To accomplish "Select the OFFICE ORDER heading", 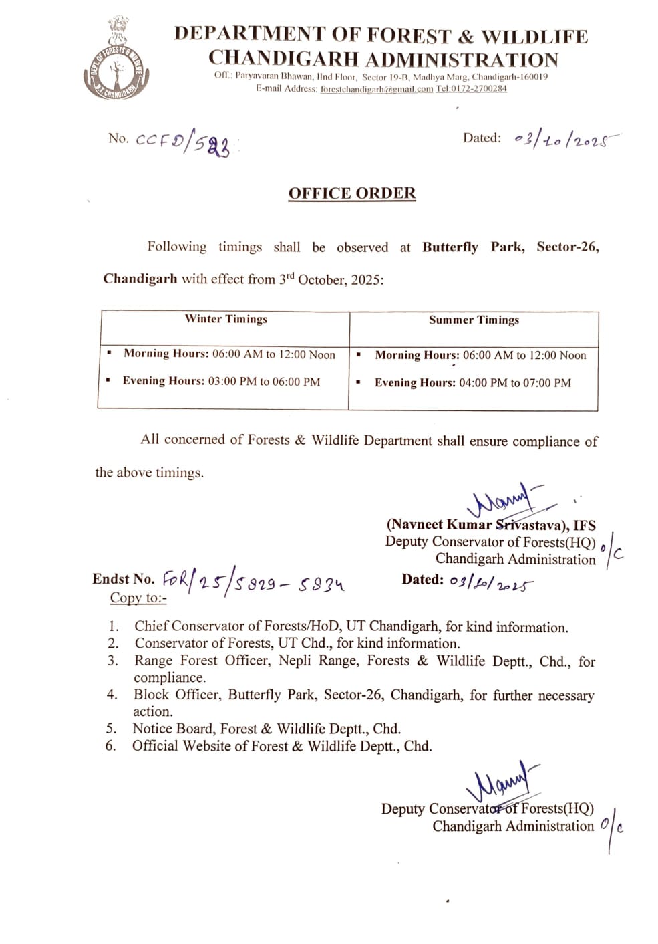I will point(352,193).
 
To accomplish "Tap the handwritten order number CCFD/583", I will point(184,142).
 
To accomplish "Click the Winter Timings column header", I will point(226,319).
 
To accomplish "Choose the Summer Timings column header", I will point(474,320).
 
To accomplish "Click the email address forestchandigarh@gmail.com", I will point(377,89).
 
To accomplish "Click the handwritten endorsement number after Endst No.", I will point(254,584).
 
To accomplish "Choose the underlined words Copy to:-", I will point(138,598).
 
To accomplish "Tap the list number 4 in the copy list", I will point(112,695).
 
